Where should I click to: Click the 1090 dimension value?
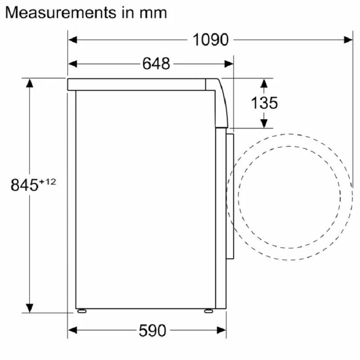point(211,40)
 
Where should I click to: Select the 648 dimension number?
point(156,63)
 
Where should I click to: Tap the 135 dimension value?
point(264,103)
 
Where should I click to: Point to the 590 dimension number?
point(153,330)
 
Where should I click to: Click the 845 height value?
point(24,185)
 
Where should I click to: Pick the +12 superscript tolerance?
point(48,182)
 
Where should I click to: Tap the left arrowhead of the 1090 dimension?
point(72,40)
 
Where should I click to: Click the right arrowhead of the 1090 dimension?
point(348,40)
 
